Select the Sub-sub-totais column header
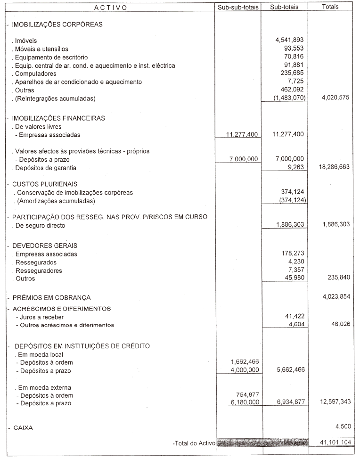[x=238, y=8]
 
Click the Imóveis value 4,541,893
[x=289, y=41]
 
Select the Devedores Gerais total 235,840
[x=338, y=278]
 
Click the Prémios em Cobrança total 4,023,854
[x=334, y=297]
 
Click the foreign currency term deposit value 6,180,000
[x=242, y=403]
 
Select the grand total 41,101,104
[x=332, y=443]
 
